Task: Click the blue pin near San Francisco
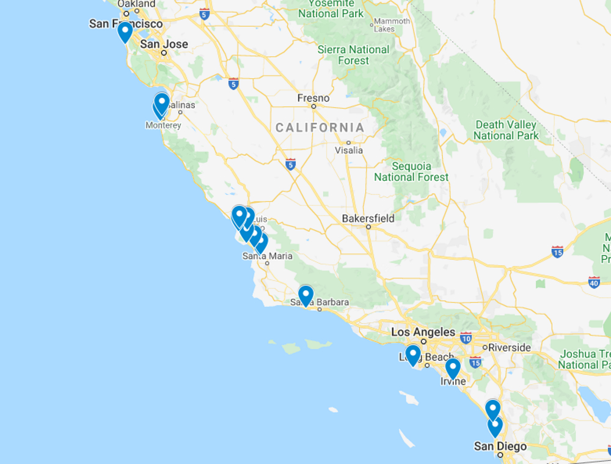coord(125,31)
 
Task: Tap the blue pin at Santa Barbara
coord(305,295)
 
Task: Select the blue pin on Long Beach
coord(413,355)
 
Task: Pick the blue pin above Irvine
coord(453,368)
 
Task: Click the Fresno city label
coord(313,98)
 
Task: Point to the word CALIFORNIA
coord(320,127)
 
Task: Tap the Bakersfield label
coord(368,218)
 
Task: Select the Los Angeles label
coord(423,333)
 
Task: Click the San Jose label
coord(164,44)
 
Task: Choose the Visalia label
coord(349,150)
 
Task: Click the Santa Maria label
coord(267,256)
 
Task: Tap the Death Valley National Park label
coord(507,130)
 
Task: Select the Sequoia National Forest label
coord(411,172)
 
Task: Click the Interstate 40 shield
coord(594,282)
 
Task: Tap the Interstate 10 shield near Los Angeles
coord(466,337)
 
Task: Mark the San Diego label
coord(500,446)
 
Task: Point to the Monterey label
coord(163,125)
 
